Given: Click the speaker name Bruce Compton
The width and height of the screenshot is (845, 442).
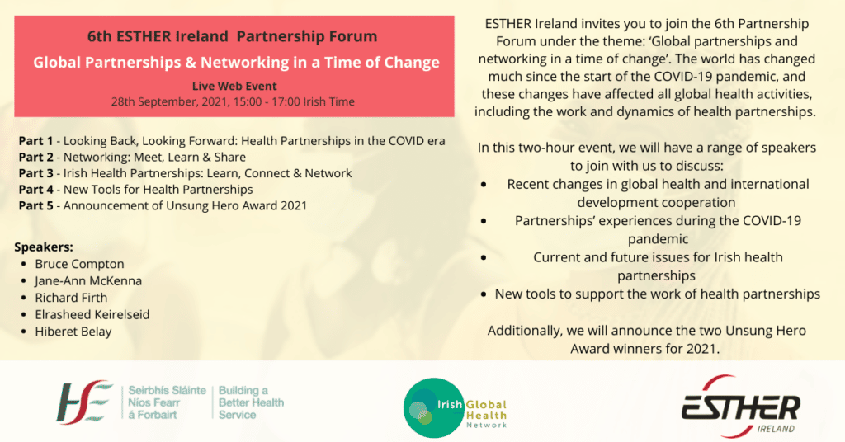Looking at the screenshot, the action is point(79,264).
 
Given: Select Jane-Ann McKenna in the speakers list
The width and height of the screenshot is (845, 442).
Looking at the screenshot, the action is point(88,280).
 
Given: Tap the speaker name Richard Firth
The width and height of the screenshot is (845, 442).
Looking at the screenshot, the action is point(71,297).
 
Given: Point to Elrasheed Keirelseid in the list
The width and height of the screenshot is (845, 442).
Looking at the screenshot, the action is point(92,314).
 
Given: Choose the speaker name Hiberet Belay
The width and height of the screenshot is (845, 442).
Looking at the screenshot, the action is point(73,331).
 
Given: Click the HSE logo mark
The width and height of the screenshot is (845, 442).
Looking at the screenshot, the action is point(84,402).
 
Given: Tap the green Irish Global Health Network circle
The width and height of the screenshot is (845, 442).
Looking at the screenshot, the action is point(434,407).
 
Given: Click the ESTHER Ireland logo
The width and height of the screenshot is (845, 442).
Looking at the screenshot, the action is point(740,406).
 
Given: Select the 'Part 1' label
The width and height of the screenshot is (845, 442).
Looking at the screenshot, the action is point(35,141).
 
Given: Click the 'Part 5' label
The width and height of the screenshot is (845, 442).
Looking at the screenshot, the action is point(35,205).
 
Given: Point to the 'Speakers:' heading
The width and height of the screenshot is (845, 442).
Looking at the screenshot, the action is point(44,247).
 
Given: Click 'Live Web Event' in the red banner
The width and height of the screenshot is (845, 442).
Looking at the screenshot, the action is point(234,86).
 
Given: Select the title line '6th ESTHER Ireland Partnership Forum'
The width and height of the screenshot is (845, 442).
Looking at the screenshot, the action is point(232,36).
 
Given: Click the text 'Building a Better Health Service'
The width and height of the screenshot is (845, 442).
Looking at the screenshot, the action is point(251,402).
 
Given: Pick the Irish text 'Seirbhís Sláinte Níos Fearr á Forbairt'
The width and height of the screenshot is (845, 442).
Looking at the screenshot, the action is point(167,402).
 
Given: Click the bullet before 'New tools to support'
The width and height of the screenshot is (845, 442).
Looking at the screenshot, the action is point(484,294).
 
